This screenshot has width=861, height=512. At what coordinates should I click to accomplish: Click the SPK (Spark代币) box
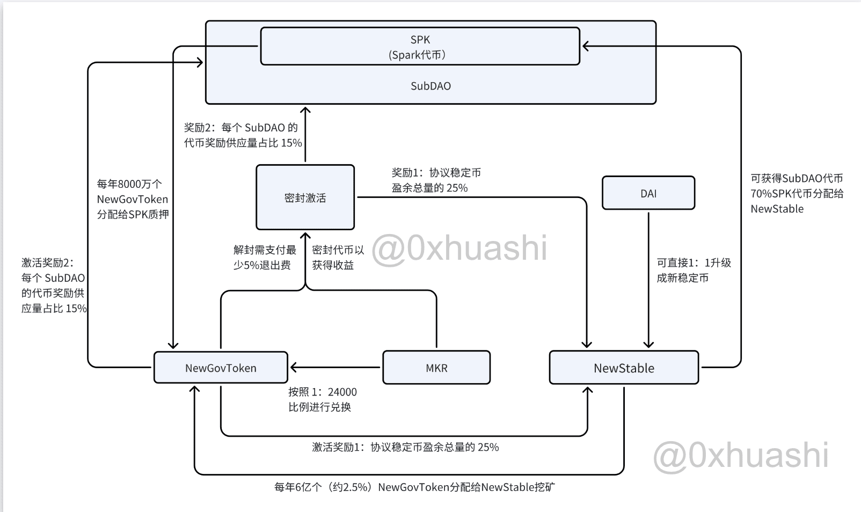(x=420, y=46)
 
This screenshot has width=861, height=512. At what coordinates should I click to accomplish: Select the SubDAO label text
(x=430, y=86)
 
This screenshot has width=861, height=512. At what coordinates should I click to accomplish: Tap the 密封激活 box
(x=305, y=197)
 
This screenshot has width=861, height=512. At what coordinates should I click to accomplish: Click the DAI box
(x=648, y=193)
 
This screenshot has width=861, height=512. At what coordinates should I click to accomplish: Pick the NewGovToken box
(x=221, y=368)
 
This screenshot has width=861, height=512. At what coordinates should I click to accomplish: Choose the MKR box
(x=436, y=368)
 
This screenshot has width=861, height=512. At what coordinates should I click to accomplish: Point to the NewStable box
(x=624, y=368)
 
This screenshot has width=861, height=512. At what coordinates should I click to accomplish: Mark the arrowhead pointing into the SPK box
(x=586, y=46)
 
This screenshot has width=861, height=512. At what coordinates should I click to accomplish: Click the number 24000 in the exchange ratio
(x=342, y=392)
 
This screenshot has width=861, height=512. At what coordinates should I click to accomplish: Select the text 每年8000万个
(x=129, y=184)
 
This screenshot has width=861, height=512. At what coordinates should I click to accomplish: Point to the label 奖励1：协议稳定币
(x=436, y=173)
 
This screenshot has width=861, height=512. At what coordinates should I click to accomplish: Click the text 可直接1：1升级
(x=694, y=263)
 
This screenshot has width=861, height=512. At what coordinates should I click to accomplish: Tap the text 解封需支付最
(x=265, y=250)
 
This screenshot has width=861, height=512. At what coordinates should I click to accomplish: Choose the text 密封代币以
(x=338, y=250)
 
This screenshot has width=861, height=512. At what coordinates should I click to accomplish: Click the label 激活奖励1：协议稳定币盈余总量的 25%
(x=405, y=447)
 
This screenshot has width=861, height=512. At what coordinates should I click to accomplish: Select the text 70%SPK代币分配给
(x=797, y=193)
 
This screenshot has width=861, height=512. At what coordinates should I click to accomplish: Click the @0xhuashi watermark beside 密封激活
(x=459, y=248)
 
